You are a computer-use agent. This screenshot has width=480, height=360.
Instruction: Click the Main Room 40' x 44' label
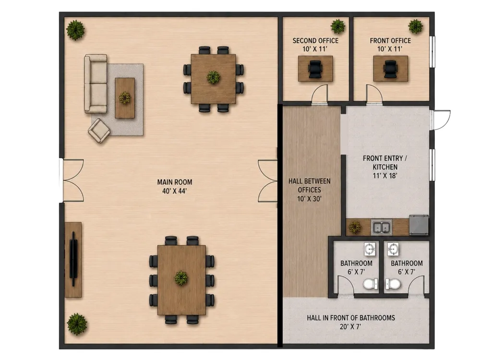(x=175, y=186)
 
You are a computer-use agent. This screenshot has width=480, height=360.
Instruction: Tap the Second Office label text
(x=315, y=41)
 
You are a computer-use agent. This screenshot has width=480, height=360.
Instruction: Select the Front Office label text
(x=390, y=41)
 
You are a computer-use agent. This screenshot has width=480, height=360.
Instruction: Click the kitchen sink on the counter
(x=382, y=228)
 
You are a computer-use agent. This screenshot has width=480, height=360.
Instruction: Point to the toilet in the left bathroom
(x=371, y=284)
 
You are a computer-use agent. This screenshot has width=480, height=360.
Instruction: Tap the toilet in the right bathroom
(x=393, y=284)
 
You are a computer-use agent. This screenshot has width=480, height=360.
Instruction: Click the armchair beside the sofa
(x=99, y=131)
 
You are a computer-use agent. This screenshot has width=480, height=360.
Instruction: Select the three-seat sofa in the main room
(x=96, y=84)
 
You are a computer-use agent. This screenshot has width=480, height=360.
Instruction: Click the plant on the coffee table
(x=125, y=98)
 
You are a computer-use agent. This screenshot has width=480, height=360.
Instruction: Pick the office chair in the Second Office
(x=315, y=69)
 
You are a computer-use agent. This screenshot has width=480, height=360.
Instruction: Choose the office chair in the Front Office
(x=390, y=69)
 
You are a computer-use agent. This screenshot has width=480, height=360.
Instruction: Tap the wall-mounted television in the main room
(x=73, y=259)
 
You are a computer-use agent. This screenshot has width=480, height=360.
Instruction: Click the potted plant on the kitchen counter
(x=355, y=227)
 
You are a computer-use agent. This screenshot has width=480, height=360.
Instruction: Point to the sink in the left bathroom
(x=370, y=249)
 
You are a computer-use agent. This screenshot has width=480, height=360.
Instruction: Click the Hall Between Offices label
(x=310, y=190)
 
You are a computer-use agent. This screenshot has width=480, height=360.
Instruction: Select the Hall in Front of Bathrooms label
(x=351, y=322)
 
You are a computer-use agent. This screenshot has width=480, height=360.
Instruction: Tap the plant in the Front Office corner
(x=415, y=26)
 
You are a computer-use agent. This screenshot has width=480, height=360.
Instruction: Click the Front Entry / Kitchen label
(x=385, y=167)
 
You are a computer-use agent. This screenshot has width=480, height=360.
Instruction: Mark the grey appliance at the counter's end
(x=419, y=225)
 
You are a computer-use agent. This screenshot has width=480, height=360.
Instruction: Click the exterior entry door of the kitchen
(x=441, y=120)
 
